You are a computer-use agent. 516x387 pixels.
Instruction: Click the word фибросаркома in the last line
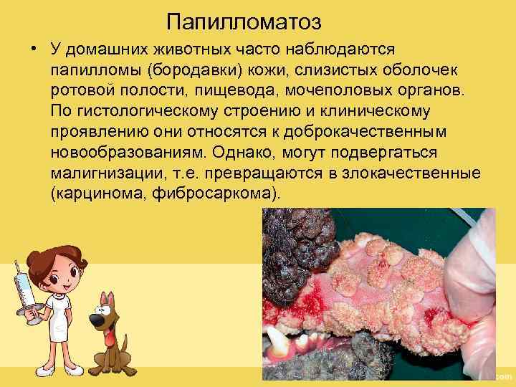point(216,196)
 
